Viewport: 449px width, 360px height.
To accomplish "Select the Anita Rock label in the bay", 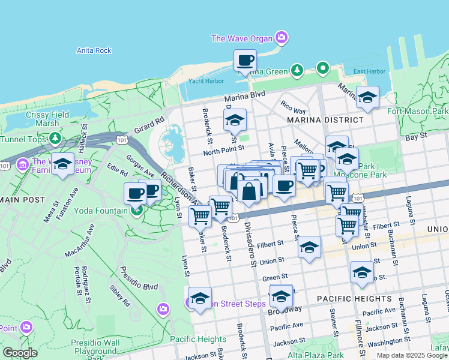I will click(94, 50).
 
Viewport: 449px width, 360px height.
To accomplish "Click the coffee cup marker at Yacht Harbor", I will click(245, 61).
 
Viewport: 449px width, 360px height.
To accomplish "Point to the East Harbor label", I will click(369, 71).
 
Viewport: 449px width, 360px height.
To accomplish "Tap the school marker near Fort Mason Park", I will click(367, 97).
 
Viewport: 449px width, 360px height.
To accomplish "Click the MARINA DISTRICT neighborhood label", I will click(325, 120).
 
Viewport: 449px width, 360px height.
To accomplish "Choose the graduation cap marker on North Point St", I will click(235, 119).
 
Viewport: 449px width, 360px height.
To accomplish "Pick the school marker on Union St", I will click(309, 247).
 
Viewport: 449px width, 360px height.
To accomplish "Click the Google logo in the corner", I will click(20, 353).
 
